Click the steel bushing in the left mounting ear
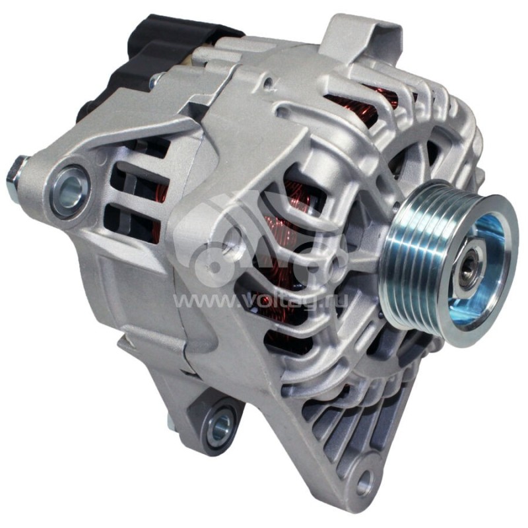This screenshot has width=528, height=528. coord(70,191)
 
